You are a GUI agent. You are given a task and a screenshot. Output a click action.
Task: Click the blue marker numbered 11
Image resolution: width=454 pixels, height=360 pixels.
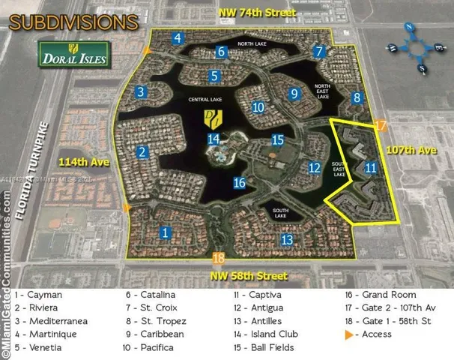coord(370,167)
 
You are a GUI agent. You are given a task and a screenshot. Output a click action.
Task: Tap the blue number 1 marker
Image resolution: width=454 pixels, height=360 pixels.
coord(165,233)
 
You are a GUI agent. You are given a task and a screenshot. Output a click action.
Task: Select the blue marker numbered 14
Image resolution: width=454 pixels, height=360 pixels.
coord(214,139)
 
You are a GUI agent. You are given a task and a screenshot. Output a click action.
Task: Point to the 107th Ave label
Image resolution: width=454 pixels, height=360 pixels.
coord(411,150)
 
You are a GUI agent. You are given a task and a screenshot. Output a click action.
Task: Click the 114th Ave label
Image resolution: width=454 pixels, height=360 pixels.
coord(79,163)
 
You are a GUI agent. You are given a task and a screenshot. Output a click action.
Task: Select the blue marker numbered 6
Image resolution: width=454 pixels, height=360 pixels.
coord(221,52)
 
